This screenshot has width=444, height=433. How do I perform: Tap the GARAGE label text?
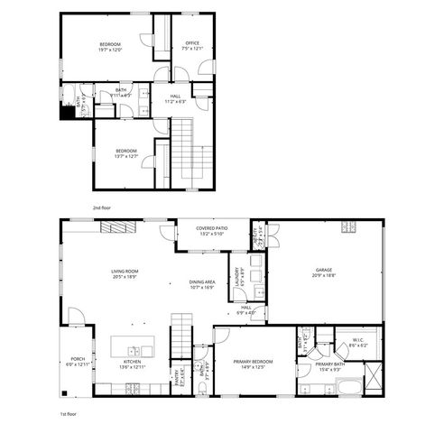(x=324, y=270)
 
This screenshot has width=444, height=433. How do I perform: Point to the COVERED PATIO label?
(x=212, y=229)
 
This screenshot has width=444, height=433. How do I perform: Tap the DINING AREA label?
(x=201, y=282)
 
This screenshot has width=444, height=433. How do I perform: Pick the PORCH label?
(x=73, y=359)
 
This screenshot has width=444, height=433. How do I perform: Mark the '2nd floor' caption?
(x=101, y=207)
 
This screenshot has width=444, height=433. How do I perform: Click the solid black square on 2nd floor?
(x=67, y=114)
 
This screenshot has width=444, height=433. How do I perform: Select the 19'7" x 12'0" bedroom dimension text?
(x=110, y=49)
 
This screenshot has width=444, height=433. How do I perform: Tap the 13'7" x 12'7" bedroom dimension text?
(x=125, y=155)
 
